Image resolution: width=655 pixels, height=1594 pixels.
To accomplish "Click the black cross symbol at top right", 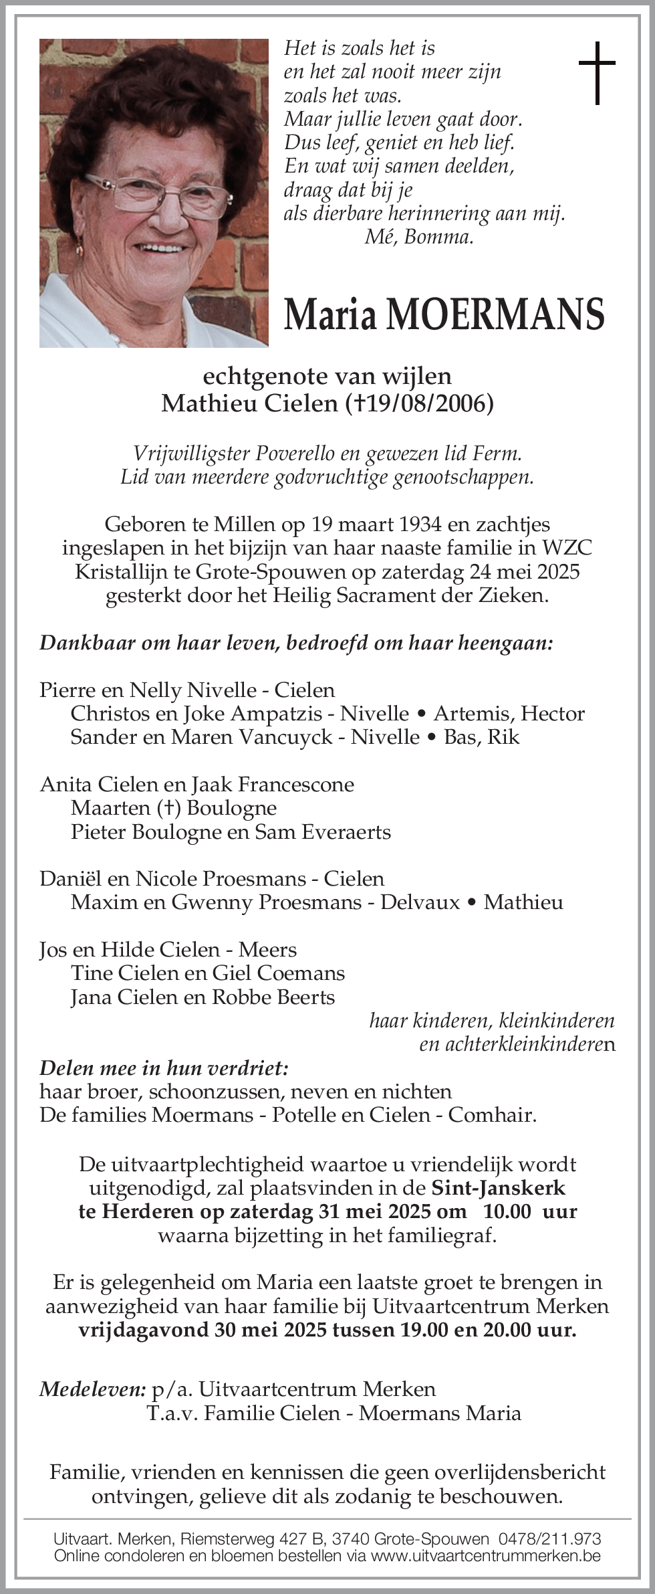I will [x=596, y=73].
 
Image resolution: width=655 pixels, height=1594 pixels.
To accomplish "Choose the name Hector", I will [x=553, y=713].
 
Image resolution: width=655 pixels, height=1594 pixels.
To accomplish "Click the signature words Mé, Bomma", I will [x=419, y=237].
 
